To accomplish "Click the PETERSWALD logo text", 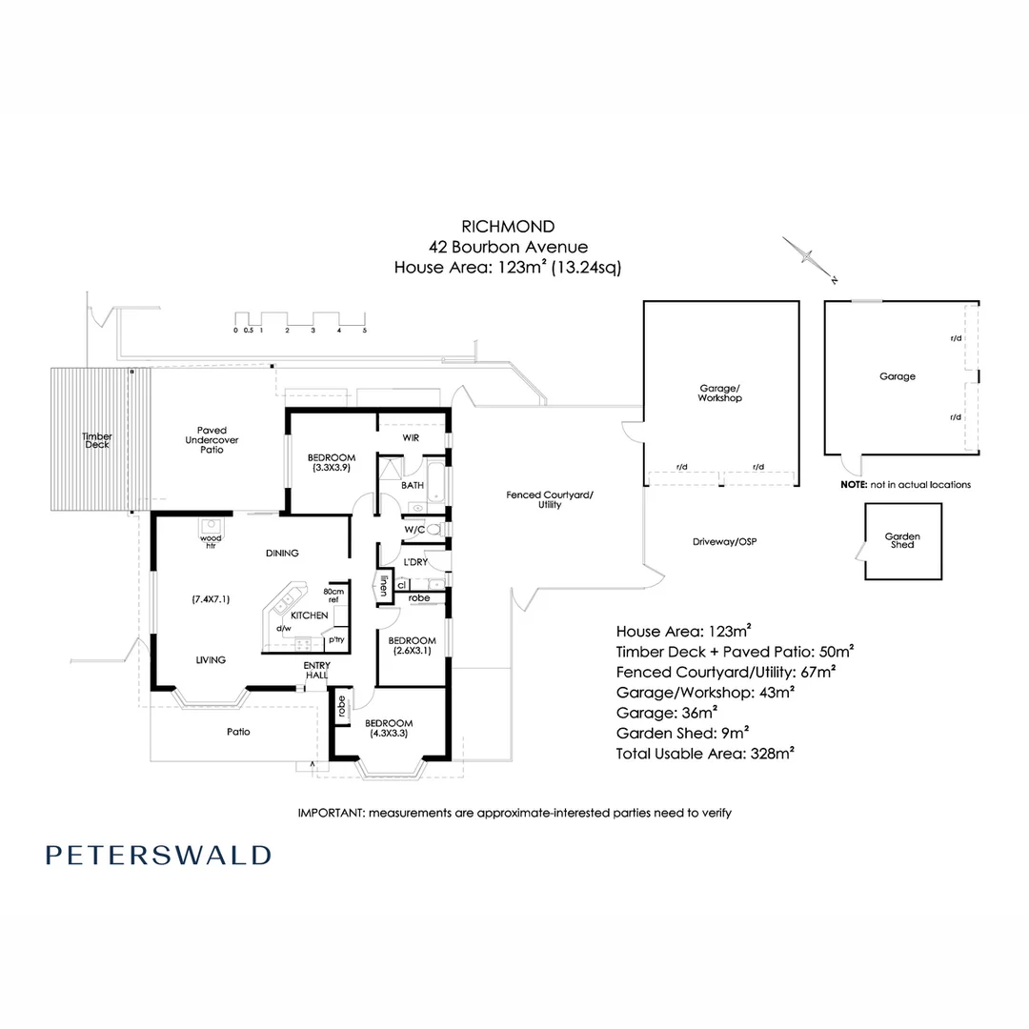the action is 158,855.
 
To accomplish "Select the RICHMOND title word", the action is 508,226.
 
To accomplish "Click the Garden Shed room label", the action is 901,540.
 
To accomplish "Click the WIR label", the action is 411,437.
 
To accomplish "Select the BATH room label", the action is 412,485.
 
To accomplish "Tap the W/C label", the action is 414,529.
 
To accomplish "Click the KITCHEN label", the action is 309,615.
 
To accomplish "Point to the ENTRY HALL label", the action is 316,670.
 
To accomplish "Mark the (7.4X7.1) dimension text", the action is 211,599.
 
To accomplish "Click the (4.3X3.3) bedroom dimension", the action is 388,734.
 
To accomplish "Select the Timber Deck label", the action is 97,440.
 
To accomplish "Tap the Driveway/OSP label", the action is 724,541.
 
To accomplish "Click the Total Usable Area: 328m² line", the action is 705,752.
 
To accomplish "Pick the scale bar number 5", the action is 364,330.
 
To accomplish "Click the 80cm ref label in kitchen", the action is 333,595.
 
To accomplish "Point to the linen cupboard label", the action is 384,587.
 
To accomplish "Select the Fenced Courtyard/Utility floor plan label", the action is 549,499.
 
